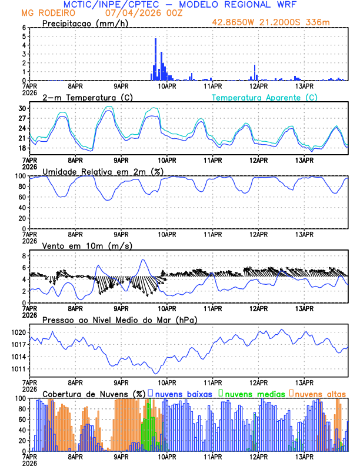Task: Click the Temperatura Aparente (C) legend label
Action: click(x=265, y=98)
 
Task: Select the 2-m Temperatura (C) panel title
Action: click(x=87, y=97)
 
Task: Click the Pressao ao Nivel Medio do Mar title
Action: click(x=119, y=319)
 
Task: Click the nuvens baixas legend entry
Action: click(x=182, y=393)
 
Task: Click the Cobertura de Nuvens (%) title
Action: click(x=93, y=393)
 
